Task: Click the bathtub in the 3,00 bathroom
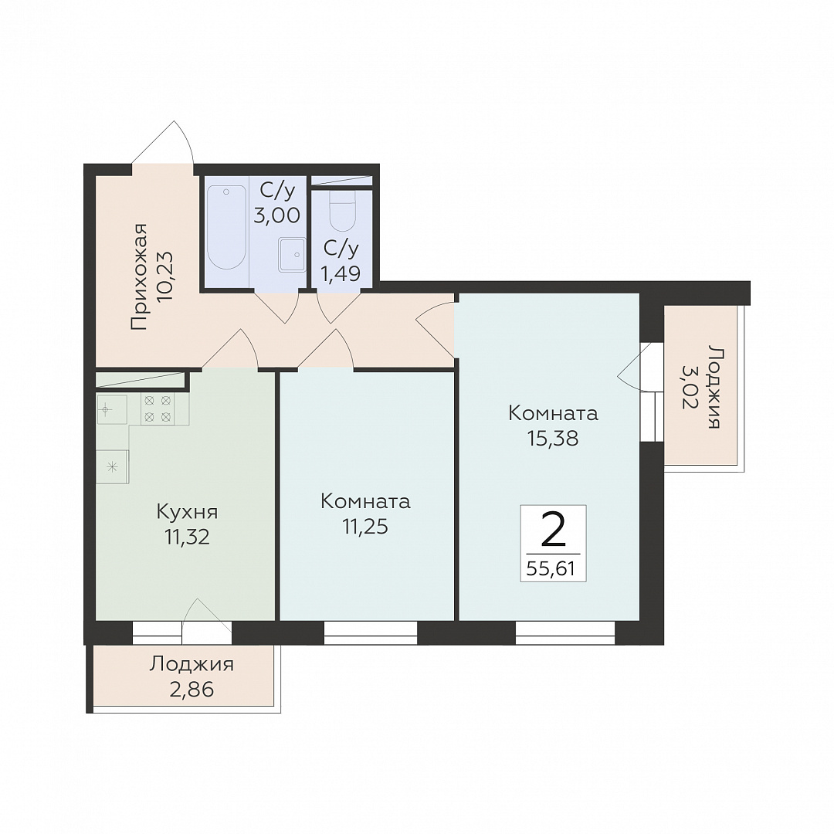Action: pos(226,227)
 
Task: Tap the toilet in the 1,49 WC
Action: pos(342,211)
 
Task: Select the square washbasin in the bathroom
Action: pos(291,256)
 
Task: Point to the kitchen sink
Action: pos(112,409)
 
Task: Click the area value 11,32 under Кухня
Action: pos(187,537)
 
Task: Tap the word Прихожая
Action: pos(138,277)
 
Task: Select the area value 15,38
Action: pos(553,439)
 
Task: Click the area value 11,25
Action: pos(364,527)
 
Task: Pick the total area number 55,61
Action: pos(551,569)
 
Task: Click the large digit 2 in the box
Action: pos(553,530)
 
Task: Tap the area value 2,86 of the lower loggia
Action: pos(192,690)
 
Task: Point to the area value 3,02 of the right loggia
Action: pos(690,387)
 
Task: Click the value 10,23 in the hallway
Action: pos(166,276)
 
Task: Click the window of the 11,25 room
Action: pos(371,633)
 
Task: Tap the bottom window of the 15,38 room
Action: pos(564,633)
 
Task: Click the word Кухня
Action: pos(187,512)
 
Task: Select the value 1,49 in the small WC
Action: pos(341,273)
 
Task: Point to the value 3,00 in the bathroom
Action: pos(276,215)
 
